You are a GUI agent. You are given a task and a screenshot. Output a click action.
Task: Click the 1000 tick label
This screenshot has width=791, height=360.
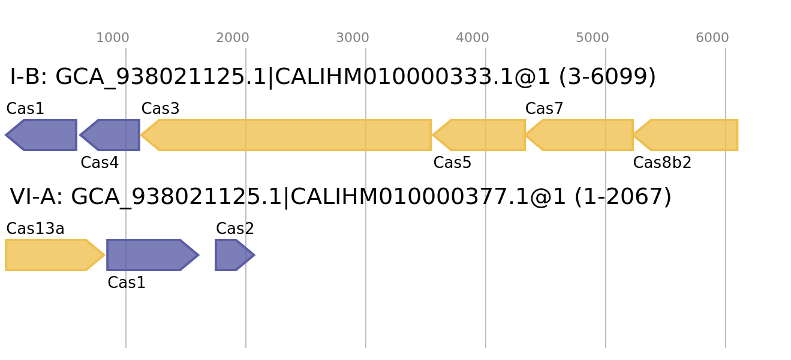(113, 38)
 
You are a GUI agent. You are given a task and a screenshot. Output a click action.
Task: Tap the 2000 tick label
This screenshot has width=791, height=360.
(233, 38)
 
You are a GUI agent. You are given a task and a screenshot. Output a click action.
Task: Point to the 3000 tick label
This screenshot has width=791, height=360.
(353, 38)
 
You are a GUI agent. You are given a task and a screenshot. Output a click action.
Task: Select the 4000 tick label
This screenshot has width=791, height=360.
(473, 38)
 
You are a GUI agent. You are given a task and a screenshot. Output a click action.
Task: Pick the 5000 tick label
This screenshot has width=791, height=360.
(593, 38)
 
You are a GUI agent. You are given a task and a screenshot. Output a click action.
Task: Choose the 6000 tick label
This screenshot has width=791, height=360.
(712, 38)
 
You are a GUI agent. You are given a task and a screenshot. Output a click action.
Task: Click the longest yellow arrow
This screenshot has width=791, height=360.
(288, 135)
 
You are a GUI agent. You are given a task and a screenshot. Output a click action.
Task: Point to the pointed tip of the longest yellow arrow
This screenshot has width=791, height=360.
(142, 135)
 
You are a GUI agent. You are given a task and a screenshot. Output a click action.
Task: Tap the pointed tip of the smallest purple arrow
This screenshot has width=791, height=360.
(254, 255)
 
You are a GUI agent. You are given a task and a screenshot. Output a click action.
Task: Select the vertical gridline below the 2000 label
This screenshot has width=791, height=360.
(246, 312)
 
